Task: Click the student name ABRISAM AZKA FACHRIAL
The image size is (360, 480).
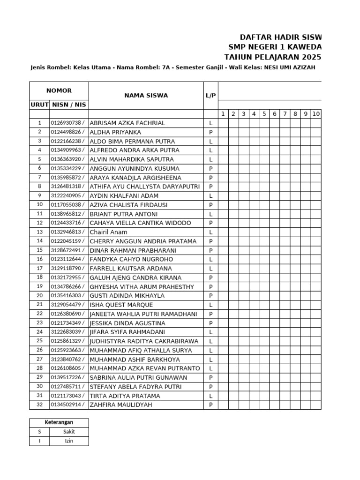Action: (127, 123)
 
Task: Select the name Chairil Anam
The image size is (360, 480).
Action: (108, 232)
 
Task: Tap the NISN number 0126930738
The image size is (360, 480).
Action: (68, 123)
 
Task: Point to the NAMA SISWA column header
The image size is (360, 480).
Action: (146, 96)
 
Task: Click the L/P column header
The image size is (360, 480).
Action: (210, 96)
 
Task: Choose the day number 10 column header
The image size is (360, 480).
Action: (316, 114)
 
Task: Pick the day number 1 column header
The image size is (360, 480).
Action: (223, 114)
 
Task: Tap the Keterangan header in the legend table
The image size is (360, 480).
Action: (59, 422)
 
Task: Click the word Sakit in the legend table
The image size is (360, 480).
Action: (69, 432)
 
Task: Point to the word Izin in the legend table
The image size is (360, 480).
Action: (69, 441)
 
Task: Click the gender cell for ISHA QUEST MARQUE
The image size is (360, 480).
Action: (210, 305)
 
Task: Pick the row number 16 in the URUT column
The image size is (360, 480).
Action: (39, 259)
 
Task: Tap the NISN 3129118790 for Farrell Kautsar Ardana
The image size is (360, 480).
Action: (68, 269)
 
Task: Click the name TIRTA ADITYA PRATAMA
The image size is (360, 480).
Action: (125, 396)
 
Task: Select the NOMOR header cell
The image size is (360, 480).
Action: (59, 91)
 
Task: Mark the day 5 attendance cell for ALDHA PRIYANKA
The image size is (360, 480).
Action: (264, 132)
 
